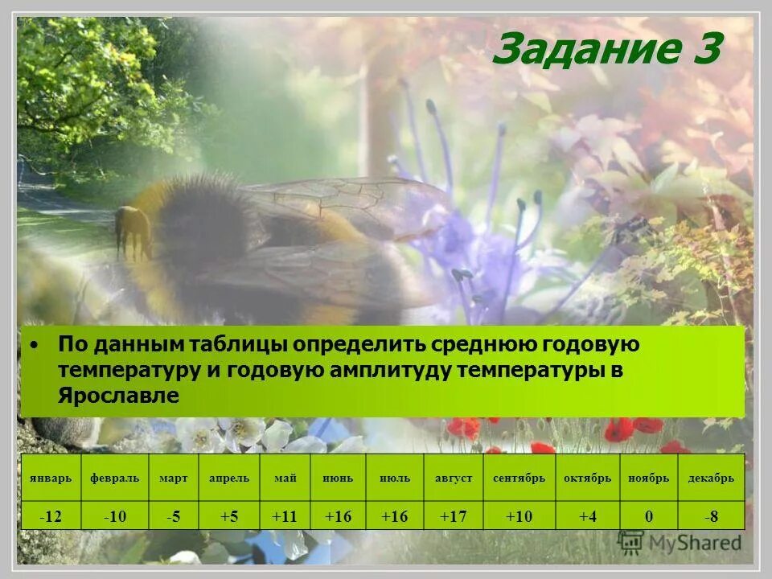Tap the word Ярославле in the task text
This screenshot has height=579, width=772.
point(118,396)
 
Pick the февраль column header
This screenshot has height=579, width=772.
point(114,478)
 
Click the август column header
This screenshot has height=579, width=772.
point(454,478)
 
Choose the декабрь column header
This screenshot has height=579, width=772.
point(711,478)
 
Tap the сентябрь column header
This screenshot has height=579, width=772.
point(519,478)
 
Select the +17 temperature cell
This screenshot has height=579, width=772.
point(454,516)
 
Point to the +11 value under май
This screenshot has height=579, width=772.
point(285,516)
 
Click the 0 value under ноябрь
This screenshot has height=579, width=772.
point(649,516)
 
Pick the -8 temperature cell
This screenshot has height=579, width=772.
point(711,516)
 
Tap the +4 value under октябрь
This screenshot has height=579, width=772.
point(588,516)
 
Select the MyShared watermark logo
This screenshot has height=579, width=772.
point(679,543)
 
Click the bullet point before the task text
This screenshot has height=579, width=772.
point(35,345)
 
